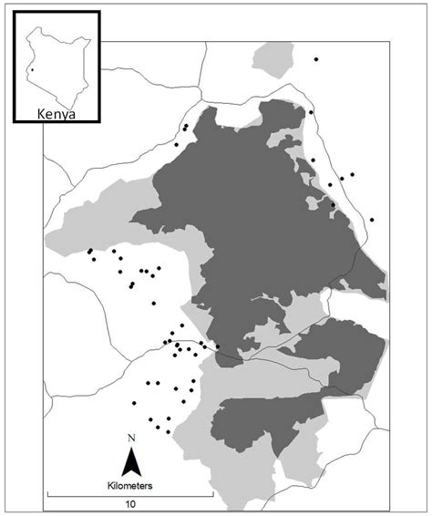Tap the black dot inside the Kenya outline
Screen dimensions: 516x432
pyautogui.click(x=31, y=68)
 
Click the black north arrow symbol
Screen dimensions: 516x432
pyautogui.click(x=131, y=464)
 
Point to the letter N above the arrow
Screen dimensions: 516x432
pyautogui.click(x=131, y=439)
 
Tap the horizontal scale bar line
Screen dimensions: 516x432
pyautogui.click(x=129, y=495)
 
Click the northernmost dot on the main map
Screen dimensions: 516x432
pyautogui.click(x=316, y=59)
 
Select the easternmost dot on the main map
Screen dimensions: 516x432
pyautogui.click(x=372, y=220)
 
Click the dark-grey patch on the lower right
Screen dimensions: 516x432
pyautogui.click(x=345, y=356)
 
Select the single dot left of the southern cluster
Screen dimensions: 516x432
pyautogui.click(x=135, y=402)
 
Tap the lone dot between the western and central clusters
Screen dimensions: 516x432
pyautogui.click(x=154, y=303)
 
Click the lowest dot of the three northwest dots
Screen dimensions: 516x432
pyautogui.click(x=176, y=144)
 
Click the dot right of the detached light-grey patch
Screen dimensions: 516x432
pyautogui.click(x=316, y=59)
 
